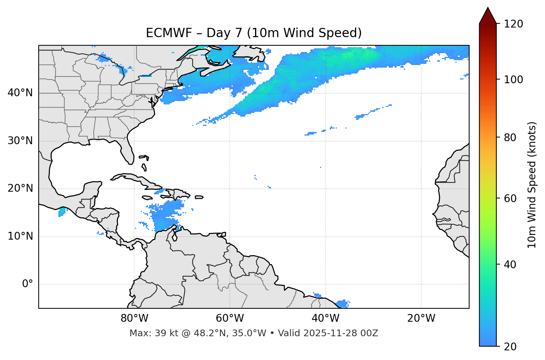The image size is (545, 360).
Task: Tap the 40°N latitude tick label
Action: click(20, 93)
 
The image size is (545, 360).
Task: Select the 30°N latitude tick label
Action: click(20, 141)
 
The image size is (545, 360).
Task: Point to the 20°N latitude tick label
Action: click(20, 188)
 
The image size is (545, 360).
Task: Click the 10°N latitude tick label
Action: click(20, 236)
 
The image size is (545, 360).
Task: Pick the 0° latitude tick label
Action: click(28, 284)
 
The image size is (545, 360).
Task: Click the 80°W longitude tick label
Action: click(134, 318)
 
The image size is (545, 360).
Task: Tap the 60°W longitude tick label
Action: click(230, 318)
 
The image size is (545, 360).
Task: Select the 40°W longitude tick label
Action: click(325, 318)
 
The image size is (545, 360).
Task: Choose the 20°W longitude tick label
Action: click(421, 318)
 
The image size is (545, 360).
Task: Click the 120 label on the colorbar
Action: click(513, 24)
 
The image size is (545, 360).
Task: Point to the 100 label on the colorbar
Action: click(513, 80)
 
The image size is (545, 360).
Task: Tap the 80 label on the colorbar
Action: click(510, 137)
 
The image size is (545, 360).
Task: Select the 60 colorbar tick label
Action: click(510, 198)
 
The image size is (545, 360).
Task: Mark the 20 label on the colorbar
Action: click(510, 347)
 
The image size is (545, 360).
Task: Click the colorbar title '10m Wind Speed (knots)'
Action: click(532, 185)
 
